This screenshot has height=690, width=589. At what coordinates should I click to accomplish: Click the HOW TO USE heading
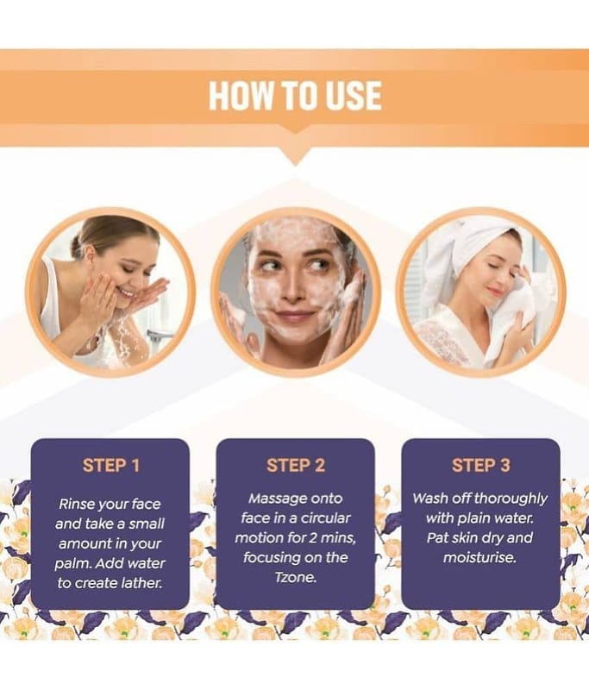pyautogui.click(x=295, y=95)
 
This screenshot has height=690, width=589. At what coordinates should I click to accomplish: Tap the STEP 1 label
pyautogui.click(x=111, y=465)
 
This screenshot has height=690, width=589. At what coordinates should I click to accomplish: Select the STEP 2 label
pyautogui.click(x=296, y=465)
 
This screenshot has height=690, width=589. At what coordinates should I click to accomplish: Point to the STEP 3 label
pyautogui.click(x=481, y=465)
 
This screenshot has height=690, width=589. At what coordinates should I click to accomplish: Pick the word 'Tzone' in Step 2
pyautogui.click(x=295, y=577)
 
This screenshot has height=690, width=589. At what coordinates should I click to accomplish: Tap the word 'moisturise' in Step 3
pyautogui.click(x=479, y=557)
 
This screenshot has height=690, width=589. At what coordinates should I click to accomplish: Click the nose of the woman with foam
pyautogui.click(x=291, y=291)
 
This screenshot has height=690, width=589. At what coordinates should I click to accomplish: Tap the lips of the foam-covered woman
pyautogui.click(x=295, y=316)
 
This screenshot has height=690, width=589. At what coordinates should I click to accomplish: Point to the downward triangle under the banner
pyautogui.click(x=295, y=156)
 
